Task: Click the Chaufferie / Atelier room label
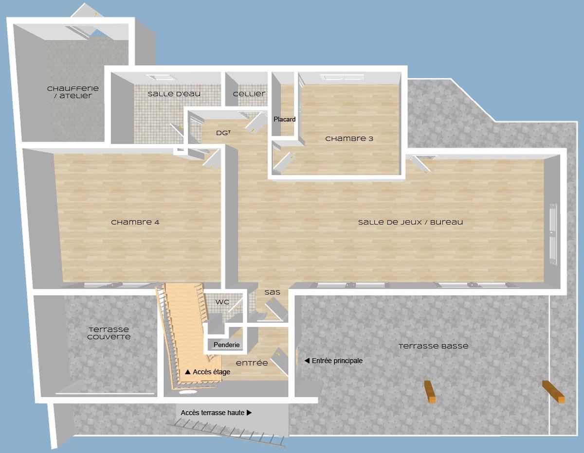73,92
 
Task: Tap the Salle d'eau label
174,94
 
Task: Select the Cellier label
249,94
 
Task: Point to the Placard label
284,119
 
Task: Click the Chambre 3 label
349,139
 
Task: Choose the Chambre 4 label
135,223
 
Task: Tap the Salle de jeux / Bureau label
410,223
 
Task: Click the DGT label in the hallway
223,133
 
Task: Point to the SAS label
272,293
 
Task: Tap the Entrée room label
252,363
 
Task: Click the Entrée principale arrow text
334,361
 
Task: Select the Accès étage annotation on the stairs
207,372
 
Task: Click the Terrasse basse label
433,347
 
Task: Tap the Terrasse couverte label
109,333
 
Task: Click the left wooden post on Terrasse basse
430,392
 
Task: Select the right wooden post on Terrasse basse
554,392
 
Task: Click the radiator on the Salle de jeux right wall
552,233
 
